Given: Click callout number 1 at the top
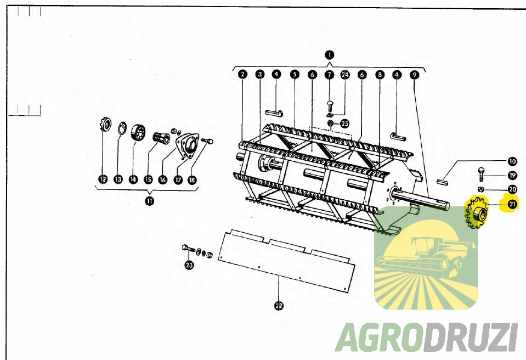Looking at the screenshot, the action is (330, 55).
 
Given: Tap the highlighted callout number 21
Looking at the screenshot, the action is (512, 204).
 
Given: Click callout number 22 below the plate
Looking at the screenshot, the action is (279, 306).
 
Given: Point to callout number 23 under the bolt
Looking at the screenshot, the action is (189, 265).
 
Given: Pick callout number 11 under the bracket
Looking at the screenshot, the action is (150, 201).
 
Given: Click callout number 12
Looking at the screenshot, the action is (103, 179).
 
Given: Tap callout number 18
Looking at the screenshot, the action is (192, 180).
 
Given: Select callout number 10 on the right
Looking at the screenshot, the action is (512, 162).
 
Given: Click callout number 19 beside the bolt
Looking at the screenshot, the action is (512, 176).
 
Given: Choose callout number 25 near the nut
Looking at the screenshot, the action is (344, 123).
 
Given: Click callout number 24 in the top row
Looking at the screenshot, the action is (345, 75).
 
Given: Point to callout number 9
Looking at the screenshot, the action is (415, 75).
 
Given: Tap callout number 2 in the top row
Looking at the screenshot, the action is (243, 74).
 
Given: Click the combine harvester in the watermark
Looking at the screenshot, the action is (426, 256).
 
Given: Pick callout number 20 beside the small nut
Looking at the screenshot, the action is (512, 189).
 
